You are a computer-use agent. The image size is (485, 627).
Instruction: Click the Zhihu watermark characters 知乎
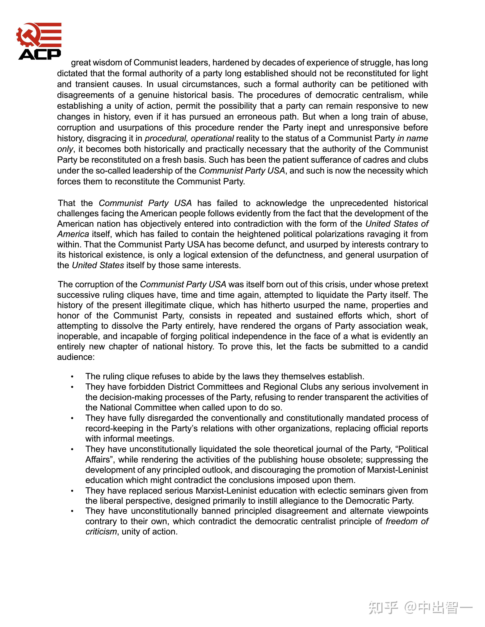point(384,608)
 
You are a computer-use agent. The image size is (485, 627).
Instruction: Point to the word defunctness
point(299,255)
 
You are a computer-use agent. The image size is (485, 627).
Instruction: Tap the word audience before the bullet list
point(76,357)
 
